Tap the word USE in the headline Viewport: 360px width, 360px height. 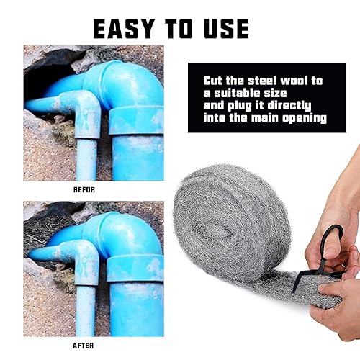(x=227, y=29)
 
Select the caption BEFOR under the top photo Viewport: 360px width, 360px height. (x=84, y=190)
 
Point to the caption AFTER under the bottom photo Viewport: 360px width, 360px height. (x=83, y=346)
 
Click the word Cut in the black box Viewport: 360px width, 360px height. (x=212, y=81)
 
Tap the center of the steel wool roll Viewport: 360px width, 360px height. (x=217, y=232)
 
